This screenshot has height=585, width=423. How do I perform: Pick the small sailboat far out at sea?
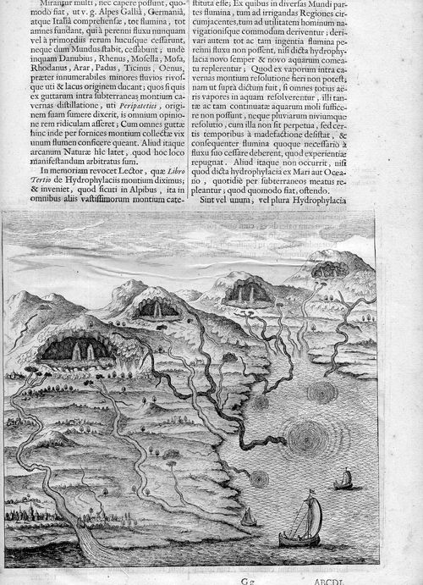343,481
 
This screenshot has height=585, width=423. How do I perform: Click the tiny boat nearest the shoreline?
247,516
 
